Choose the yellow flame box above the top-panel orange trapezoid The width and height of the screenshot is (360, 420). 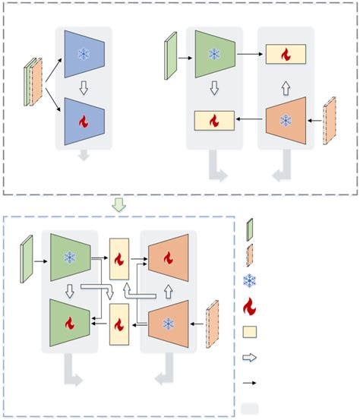[286, 55]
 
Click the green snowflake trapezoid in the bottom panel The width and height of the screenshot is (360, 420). [70, 258]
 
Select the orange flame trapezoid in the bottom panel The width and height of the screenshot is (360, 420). [168, 258]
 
